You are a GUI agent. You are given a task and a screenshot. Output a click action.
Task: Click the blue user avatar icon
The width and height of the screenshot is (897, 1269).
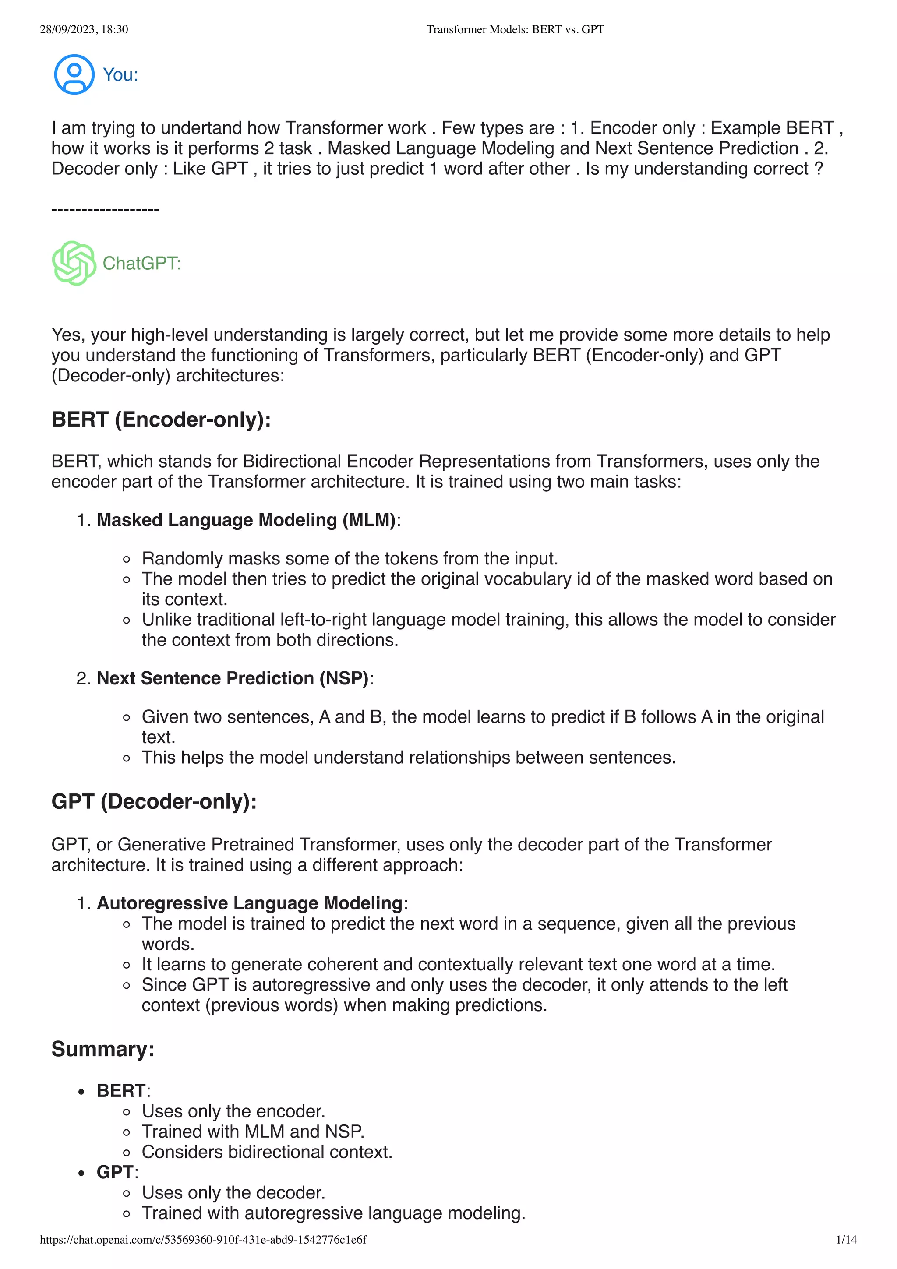[74, 74]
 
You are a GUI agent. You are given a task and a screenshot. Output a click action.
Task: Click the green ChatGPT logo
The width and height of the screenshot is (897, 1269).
[74, 263]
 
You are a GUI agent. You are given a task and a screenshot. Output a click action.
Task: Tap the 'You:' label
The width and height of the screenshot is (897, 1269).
[120, 74]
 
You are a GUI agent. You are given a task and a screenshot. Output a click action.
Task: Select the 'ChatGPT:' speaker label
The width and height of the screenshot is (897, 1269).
[141, 264]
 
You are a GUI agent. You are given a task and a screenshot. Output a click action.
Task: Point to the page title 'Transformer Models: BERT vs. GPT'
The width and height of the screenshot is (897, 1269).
[515, 29]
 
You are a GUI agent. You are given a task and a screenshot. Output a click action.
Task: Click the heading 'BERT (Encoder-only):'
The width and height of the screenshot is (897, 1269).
[161, 419]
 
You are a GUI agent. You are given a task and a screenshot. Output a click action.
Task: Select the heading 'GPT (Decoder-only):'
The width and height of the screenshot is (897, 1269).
[154, 801]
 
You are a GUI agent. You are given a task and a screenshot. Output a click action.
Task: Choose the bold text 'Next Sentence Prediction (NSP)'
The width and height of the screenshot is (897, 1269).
[233, 678]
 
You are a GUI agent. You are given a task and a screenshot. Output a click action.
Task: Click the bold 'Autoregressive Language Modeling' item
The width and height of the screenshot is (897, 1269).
[249, 903]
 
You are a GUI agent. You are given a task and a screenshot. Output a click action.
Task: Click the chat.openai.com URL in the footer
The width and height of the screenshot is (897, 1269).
[203, 1240]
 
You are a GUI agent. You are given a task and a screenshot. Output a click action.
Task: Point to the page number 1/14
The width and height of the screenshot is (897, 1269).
[846, 1240]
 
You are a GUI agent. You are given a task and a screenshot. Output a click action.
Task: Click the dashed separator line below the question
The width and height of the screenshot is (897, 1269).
[105, 209]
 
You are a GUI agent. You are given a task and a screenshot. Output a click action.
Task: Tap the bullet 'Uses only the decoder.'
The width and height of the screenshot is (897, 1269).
[233, 1193]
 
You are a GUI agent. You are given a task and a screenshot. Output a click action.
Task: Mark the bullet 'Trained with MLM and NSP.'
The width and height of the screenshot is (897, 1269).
[253, 1132]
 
